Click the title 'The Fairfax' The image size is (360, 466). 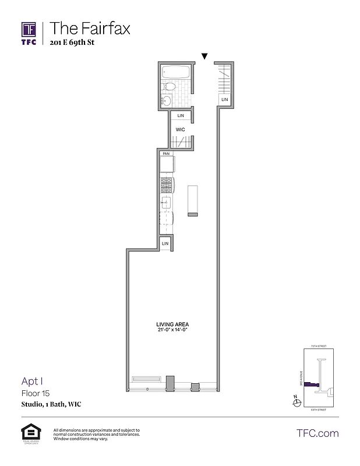pos(90,27)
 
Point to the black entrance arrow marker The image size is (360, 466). pos(204,57)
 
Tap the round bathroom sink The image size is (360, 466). pos(166,100)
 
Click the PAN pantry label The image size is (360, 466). pos(166,153)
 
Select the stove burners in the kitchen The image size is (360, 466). pos(167,186)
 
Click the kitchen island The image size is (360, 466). pos(193,201)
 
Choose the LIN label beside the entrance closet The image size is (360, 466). pos(224,100)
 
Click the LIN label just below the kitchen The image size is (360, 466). pos(165,243)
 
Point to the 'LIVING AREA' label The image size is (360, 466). pos(172,324)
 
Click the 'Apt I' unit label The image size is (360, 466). pos(33,382)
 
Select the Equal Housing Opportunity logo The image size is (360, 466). pos(29,434)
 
